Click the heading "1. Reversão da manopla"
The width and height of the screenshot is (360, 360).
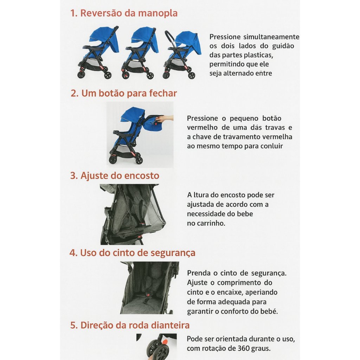click(x=124, y=13)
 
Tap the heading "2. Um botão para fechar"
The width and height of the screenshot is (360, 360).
click(x=124, y=94)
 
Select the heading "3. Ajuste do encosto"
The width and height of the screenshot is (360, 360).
click(x=115, y=176)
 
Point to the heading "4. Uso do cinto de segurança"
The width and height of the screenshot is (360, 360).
click(x=133, y=253)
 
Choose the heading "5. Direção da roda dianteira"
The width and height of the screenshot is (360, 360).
click(x=130, y=325)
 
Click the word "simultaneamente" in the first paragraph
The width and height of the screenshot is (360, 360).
click(x=271, y=37)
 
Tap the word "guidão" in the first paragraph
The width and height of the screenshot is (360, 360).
click(x=283, y=46)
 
